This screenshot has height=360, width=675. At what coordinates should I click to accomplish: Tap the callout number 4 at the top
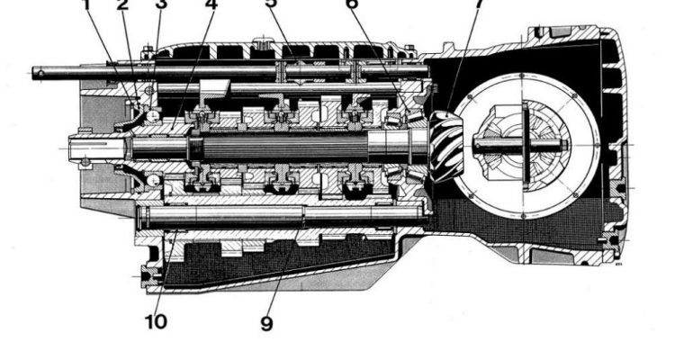pyautogui.click(x=211, y=4)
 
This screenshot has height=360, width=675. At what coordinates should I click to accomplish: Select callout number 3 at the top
pyautogui.click(x=161, y=4)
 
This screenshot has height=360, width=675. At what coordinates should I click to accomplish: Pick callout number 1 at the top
pyautogui.click(x=87, y=4)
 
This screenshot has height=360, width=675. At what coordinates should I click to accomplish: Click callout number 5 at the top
pyautogui.click(x=271, y=4)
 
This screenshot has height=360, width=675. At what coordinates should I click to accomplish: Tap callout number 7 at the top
pyautogui.click(x=478, y=4)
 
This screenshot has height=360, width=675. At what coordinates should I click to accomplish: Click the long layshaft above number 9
pyautogui.click(x=270, y=214)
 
